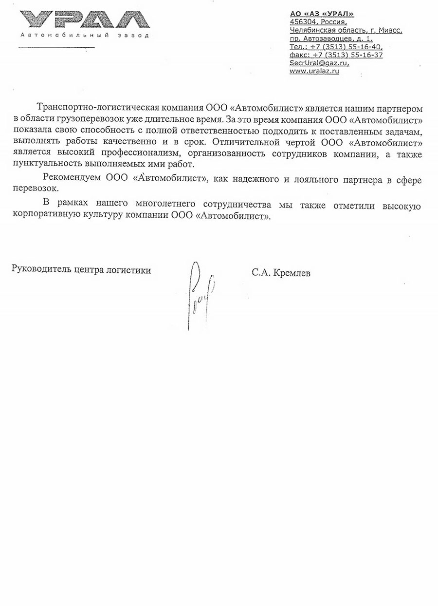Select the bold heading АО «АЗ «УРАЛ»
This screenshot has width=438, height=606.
(x=321, y=14)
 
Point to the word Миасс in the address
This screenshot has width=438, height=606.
(x=390, y=30)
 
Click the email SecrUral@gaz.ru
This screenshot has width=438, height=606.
(x=319, y=63)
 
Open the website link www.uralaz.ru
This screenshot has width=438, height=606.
(x=314, y=71)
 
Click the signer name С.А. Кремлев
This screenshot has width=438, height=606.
(x=281, y=273)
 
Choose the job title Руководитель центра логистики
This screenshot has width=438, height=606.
(x=81, y=269)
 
